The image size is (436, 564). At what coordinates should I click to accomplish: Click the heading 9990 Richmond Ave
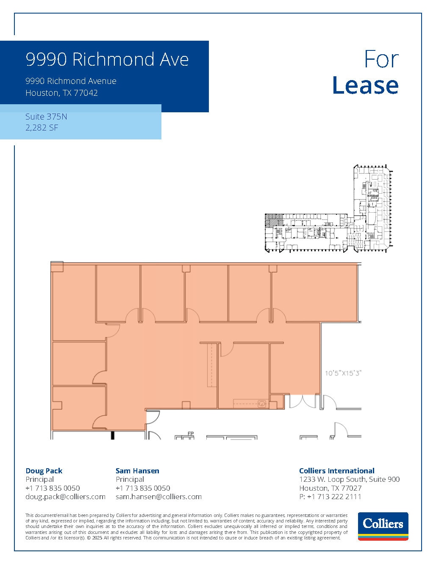(x=107, y=59)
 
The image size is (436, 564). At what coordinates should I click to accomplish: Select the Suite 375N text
(x=46, y=117)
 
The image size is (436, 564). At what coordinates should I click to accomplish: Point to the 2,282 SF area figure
(x=42, y=127)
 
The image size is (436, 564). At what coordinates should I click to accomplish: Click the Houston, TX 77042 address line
(x=61, y=93)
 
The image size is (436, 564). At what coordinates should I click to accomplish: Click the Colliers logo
(x=383, y=526)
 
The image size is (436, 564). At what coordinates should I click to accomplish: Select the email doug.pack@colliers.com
(x=65, y=497)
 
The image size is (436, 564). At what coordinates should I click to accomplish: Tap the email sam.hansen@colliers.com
(x=158, y=497)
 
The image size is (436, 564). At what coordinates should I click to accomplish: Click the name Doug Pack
(x=44, y=471)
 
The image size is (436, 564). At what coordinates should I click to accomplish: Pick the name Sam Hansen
(x=137, y=471)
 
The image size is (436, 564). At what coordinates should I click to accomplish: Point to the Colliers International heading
(x=336, y=471)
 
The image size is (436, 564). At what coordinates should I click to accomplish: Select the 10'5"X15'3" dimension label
(x=342, y=373)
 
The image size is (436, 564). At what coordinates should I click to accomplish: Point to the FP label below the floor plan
(x=190, y=433)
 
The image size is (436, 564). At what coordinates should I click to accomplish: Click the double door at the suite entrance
(x=301, y=401)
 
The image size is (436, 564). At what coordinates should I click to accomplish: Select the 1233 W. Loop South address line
(x=349, y=479)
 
